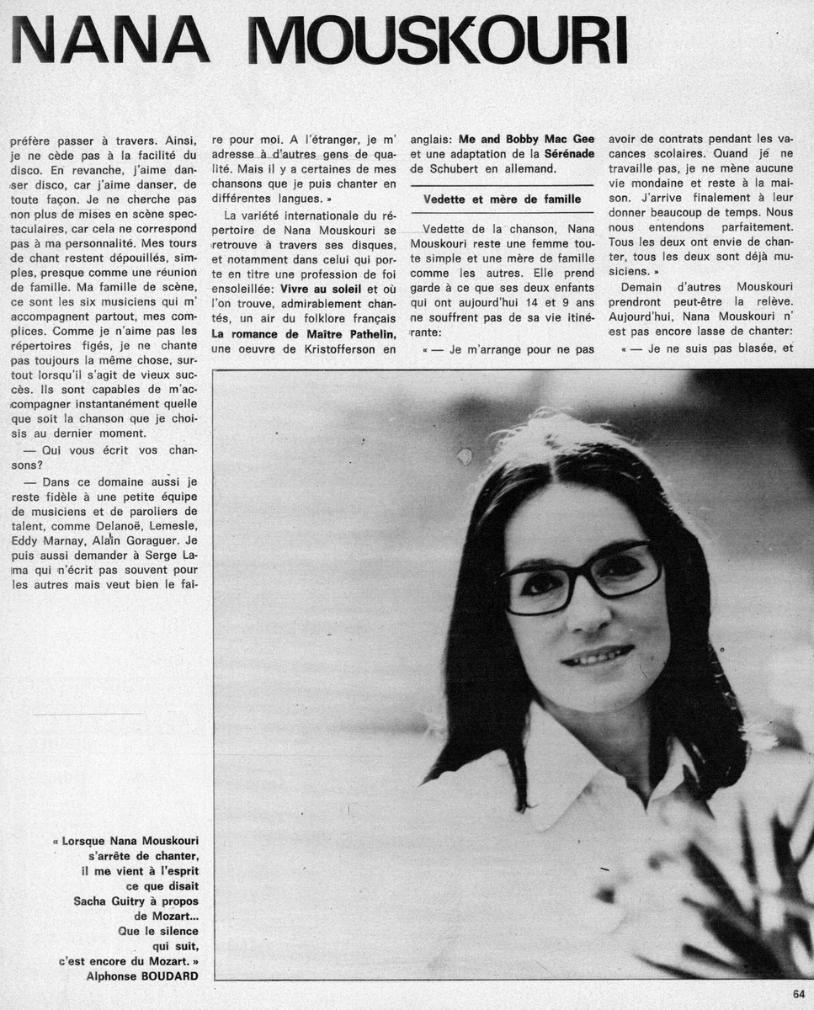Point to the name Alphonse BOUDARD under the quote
click(143, 976)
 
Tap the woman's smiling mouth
click(598, 656)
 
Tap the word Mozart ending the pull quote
click(167, 960)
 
